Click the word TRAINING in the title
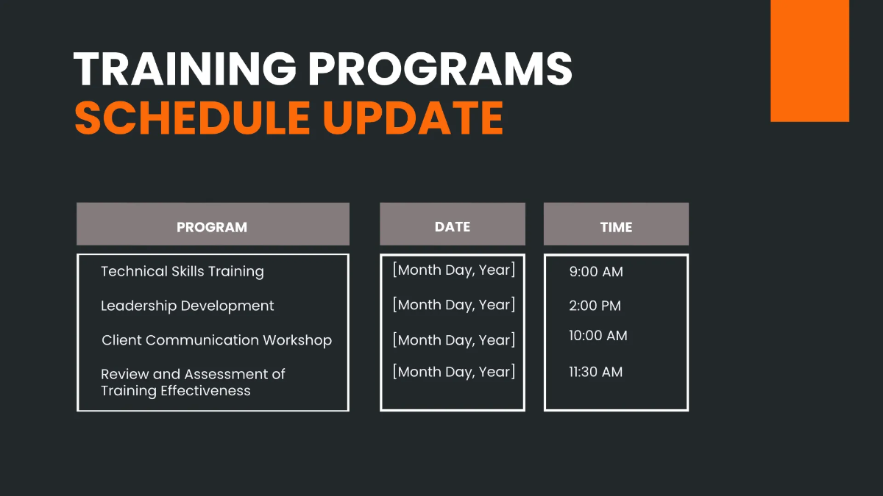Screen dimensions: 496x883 pyautogui.click(x=185, y=70)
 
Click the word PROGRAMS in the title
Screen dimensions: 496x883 pyautogui.click(x=440, y=70)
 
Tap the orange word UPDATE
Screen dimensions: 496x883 pyautogui.click(x=413, y=118)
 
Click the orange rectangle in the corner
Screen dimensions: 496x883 pyautogui.click(x=809, y=60)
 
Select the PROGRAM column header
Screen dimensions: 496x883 pyautogui.click(x=212, y=227)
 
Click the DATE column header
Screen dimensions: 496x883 pyautogui.click(x=452, y=227)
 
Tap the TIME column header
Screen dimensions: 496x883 pyautogui.click(x=616, y=227)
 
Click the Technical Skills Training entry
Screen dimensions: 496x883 pyautogui.click(x=182, y=271)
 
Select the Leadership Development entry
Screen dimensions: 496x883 pyautogui.click(x=187, y=306)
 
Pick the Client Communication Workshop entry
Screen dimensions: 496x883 pyautogui.click(x=216, y=340)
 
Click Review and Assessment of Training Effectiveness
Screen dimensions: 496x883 pyautogui.click(x=192, y=382)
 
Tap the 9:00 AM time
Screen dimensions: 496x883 pyautogui.click(x=595, y=271)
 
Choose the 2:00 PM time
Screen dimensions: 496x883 pyautogui.click(x=595, y=306)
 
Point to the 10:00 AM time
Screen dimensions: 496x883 pyautogui.click(x=597, y=336)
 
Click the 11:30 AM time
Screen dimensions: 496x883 pyautogui.click(x=595, y=372)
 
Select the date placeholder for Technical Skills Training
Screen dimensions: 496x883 pyautogui.click(x=453, y=270)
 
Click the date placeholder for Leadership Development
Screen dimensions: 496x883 pyautogui.click(x=453, y=304)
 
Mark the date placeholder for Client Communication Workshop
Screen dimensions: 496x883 pyautogui.click(x=453, y=340)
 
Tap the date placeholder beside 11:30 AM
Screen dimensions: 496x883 pyautogui.click(x=453, y=372)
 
